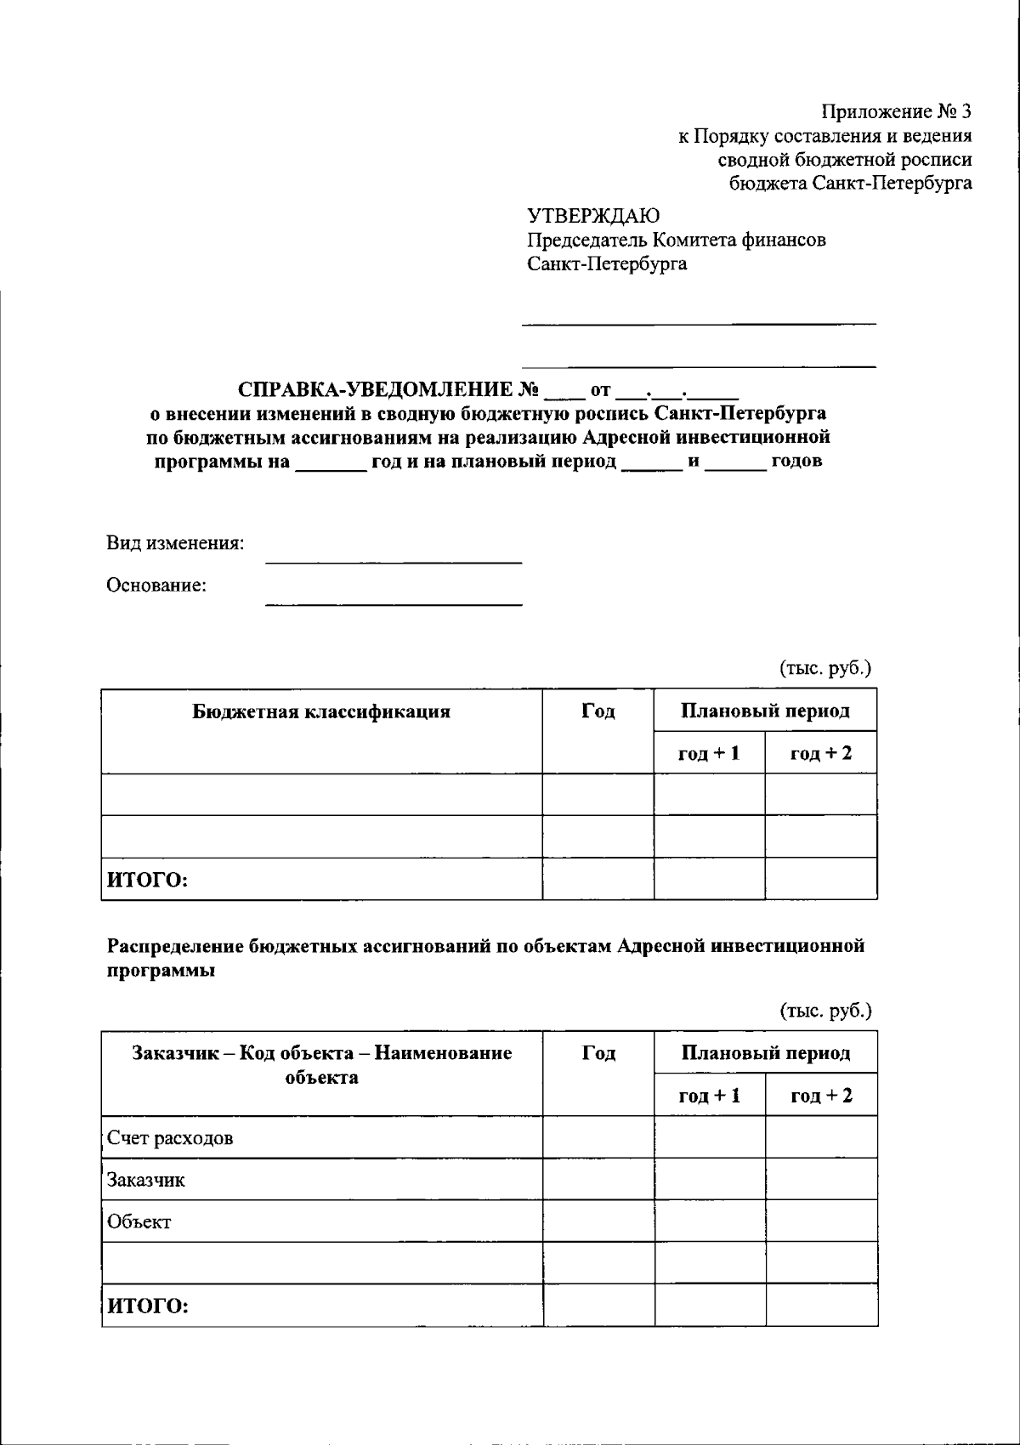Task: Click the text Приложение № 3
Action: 895,111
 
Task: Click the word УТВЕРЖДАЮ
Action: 592,215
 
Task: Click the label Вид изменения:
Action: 175,543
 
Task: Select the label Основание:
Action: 156,586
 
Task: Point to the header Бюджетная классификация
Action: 321,712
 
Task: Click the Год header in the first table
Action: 598,711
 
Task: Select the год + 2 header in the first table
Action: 820,753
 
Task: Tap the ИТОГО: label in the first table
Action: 146,880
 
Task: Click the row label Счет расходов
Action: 170,1138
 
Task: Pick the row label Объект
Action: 139,1222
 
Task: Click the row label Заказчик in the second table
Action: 145,1181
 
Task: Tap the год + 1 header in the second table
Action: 709,1096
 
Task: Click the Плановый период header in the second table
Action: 765,1054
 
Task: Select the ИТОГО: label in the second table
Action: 146,1306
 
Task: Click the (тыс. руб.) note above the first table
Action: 825,669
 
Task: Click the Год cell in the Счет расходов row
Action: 598,1138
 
